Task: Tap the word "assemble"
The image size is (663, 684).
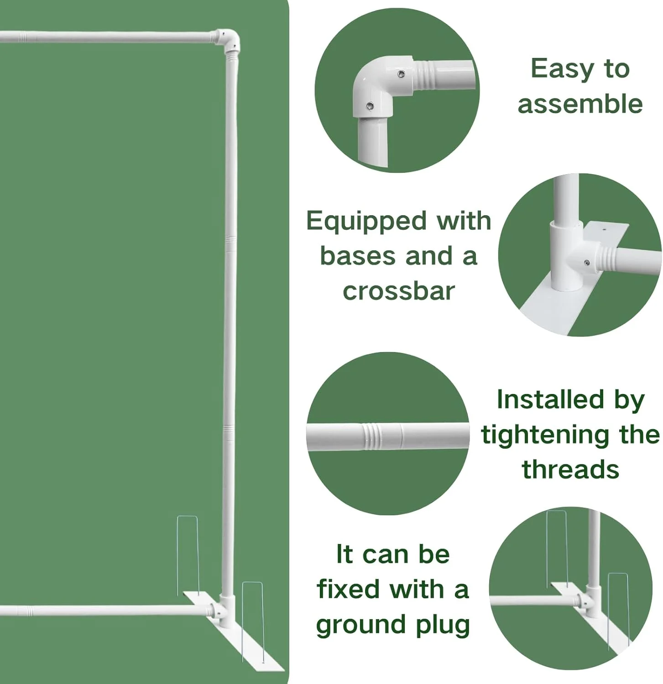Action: tap(580, 104)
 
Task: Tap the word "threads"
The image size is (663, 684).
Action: tap(570, 469)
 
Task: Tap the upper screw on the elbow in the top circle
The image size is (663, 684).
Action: tap(401, 74)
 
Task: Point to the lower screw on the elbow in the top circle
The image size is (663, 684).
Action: tap(370, 106)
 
